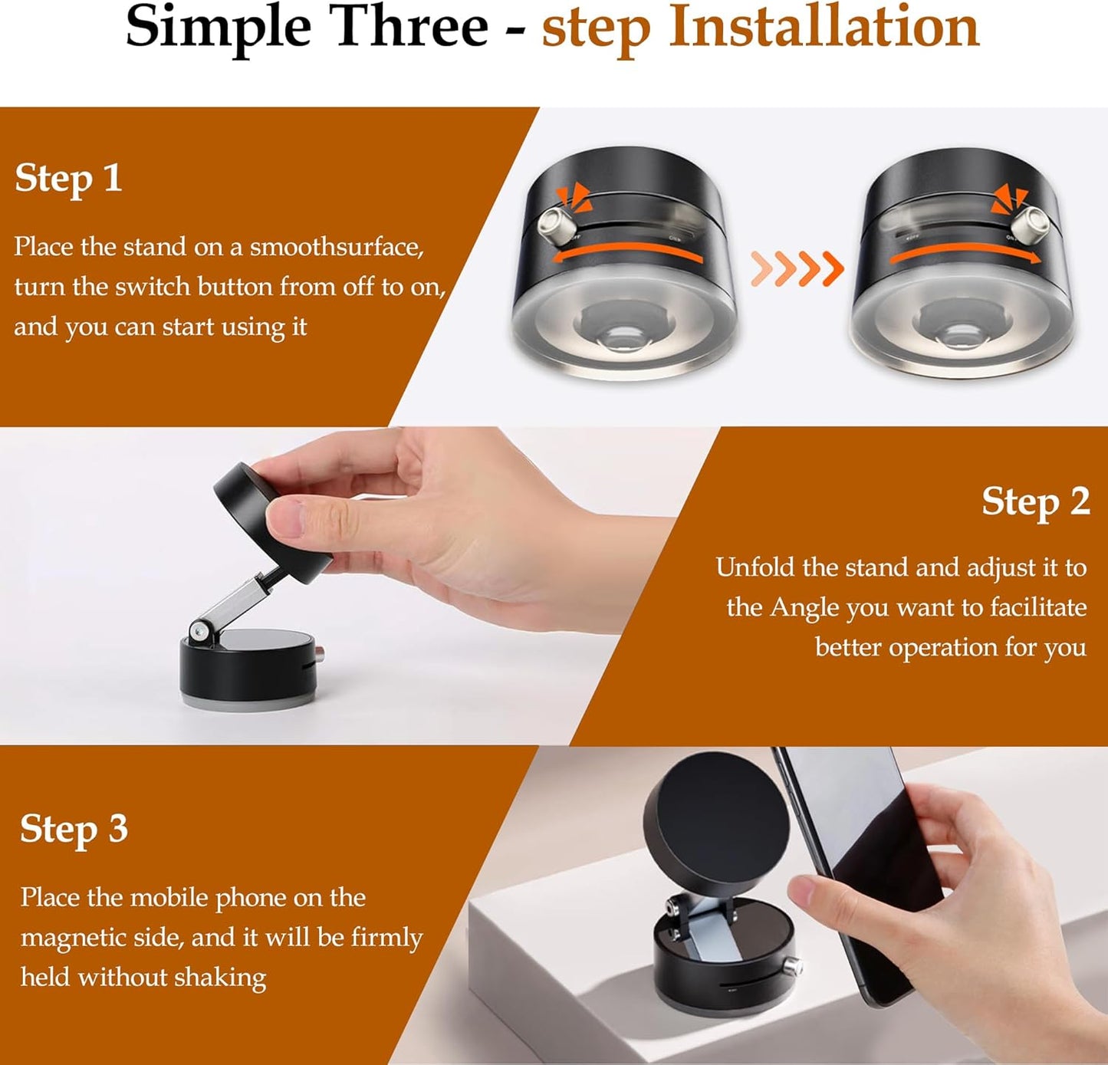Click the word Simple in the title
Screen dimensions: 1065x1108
coord(218,28)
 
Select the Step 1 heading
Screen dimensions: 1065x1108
coord(68,179)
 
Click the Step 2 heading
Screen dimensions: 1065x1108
coord(1035,502)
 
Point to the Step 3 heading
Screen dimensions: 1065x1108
coord(74,830)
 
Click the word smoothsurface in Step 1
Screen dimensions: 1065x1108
coord(337,247)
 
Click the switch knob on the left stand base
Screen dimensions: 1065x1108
coord(552,225)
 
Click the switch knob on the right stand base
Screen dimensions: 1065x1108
coord(1028,225)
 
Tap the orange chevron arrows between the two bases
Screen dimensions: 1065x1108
coord(797,268)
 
